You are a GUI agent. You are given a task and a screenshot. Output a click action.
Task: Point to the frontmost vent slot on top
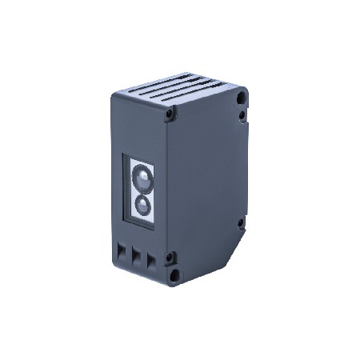click(170, 105)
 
